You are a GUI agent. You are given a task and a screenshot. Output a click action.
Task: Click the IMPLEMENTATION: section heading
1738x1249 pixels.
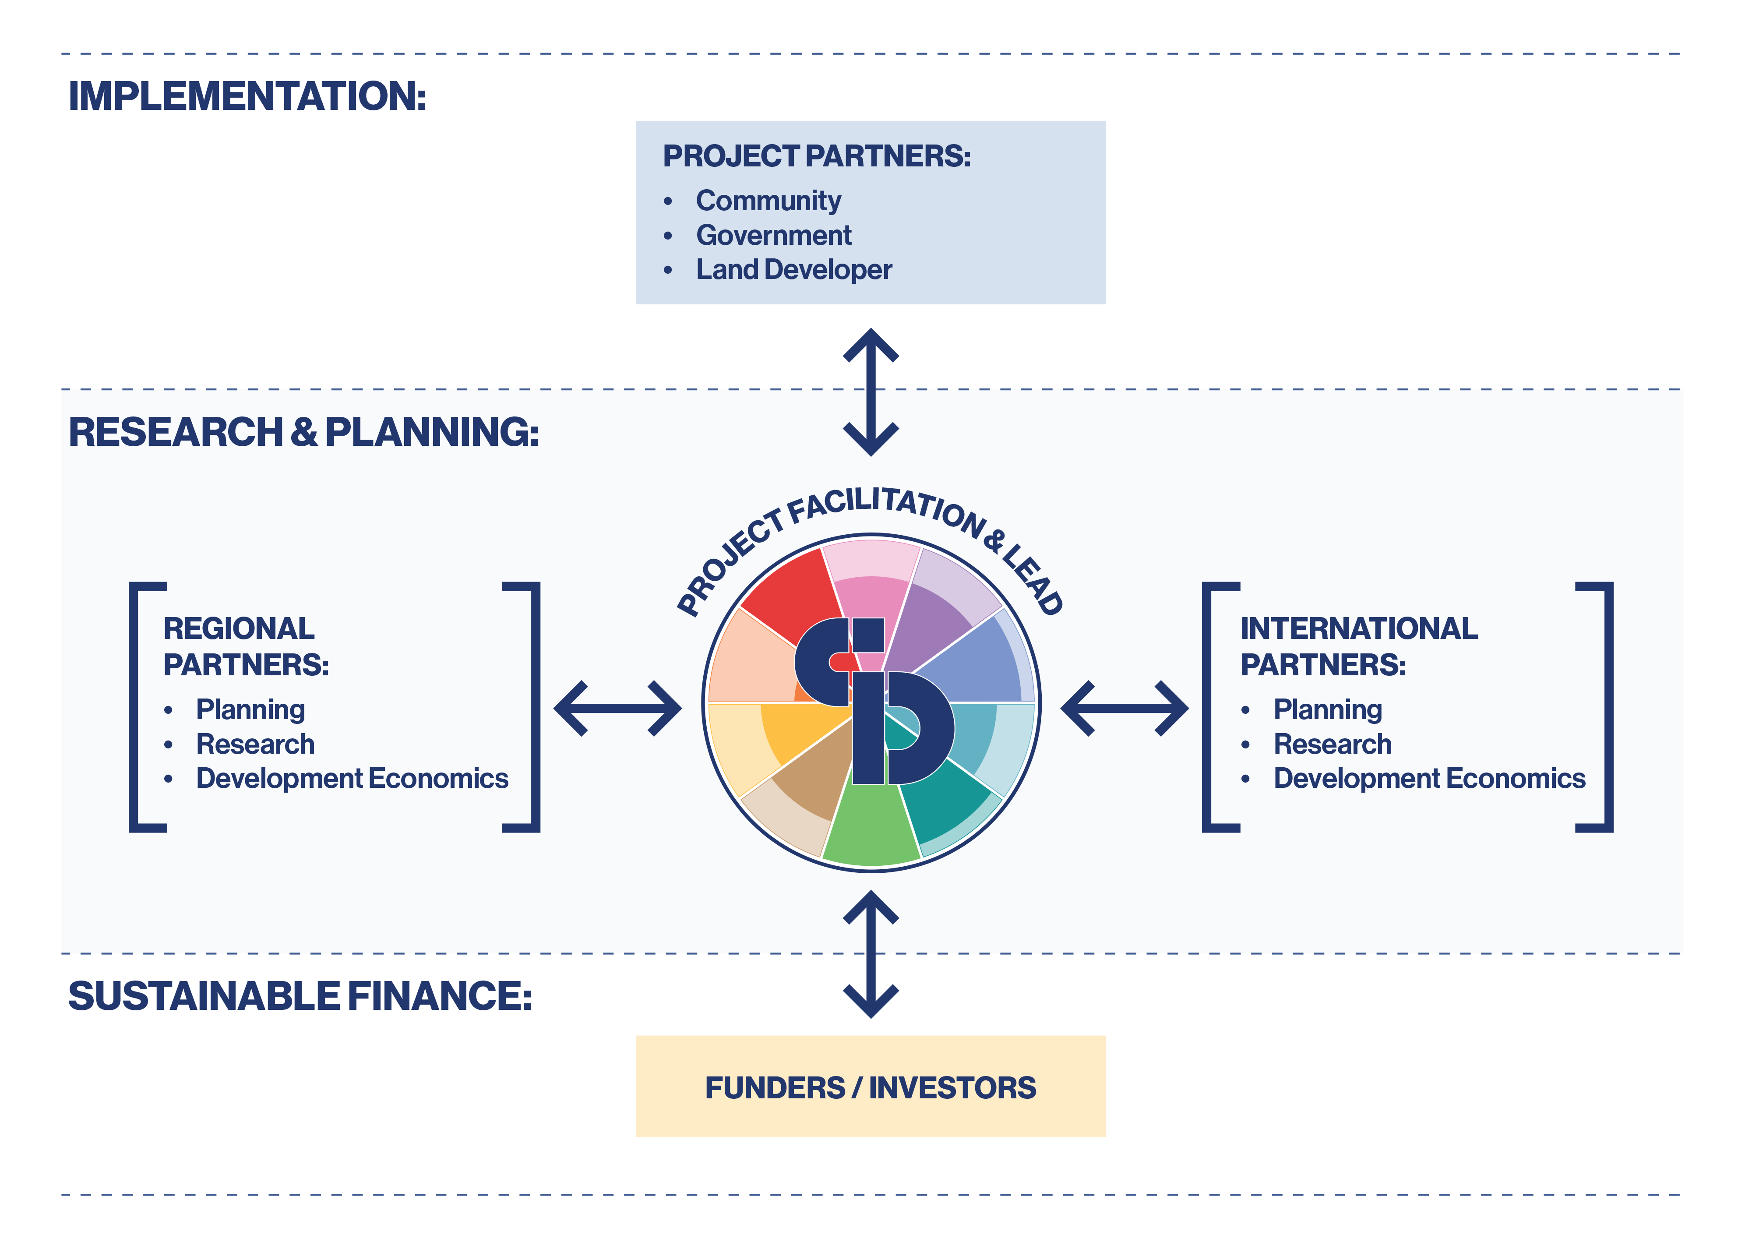pos(247,96)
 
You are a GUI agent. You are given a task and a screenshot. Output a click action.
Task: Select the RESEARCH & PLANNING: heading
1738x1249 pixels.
pos(303,432)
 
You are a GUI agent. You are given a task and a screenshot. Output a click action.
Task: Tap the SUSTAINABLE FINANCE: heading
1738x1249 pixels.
pos(300,996)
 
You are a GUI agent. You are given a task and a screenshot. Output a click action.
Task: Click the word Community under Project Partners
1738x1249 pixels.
pos(768,201)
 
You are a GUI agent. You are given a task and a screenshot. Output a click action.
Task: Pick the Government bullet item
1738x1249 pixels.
pos(773,235)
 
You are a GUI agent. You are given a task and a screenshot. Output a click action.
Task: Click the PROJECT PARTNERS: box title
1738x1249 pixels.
pos(816,156)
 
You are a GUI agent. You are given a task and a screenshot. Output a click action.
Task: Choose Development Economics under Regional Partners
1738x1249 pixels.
pos(352,779)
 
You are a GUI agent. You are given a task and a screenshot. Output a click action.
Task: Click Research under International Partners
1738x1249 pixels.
pos(1332,744)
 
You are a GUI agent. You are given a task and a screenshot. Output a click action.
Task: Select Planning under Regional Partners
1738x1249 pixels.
pos(250,709)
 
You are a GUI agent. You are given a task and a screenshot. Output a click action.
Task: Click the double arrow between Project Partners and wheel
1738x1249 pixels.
pos(871,392)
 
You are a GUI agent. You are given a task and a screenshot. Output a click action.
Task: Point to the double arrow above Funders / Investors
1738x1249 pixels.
pos(871,954)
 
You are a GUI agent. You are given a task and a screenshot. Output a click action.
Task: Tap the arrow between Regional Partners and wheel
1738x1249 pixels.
pos(617,709)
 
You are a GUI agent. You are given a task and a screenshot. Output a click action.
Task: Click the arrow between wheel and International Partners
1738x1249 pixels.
pos(1124,709)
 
